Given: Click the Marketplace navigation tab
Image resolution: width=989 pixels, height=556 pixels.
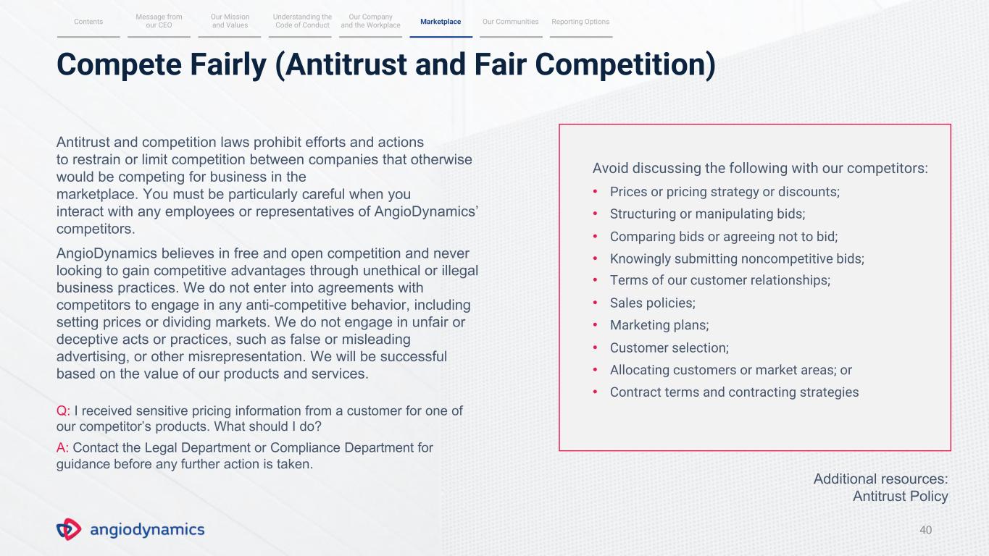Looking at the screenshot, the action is click(441, 22).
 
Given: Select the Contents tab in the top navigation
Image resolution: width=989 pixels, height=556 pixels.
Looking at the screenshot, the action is click(88, 22).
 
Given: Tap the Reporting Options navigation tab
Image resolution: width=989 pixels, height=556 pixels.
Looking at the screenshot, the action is click(580, 22).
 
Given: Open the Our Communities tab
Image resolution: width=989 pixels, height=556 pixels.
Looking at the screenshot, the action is click(510, 22).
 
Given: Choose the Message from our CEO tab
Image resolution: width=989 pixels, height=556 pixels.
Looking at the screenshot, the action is click(159, 21).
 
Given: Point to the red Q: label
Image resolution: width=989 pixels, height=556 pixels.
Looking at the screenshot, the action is click(63, 410).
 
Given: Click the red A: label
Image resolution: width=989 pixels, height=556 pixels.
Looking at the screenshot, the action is click(62, 448).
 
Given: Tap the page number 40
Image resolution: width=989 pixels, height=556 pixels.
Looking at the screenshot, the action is click(925, 530).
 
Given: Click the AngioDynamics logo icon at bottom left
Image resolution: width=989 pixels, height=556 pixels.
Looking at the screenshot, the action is click(69, 529).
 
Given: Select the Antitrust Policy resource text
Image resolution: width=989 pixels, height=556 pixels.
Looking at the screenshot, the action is click(901, 497).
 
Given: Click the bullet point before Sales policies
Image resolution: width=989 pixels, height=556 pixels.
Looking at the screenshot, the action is click(595, 303).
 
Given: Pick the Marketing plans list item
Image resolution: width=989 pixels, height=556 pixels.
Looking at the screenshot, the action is click(659, 325).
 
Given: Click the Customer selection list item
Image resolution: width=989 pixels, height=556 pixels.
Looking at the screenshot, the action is click(669, 347).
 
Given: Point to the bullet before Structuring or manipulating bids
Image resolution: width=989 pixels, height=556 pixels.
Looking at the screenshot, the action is click(595, 214).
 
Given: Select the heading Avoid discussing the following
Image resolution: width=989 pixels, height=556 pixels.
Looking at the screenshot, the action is click(760, 168).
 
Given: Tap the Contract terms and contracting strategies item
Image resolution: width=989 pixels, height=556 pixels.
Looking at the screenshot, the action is click(734, 392).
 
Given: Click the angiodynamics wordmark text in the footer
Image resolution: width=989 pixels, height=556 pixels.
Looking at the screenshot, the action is click(147, 529).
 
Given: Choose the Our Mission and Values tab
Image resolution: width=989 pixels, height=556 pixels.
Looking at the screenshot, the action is click(230, 21).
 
